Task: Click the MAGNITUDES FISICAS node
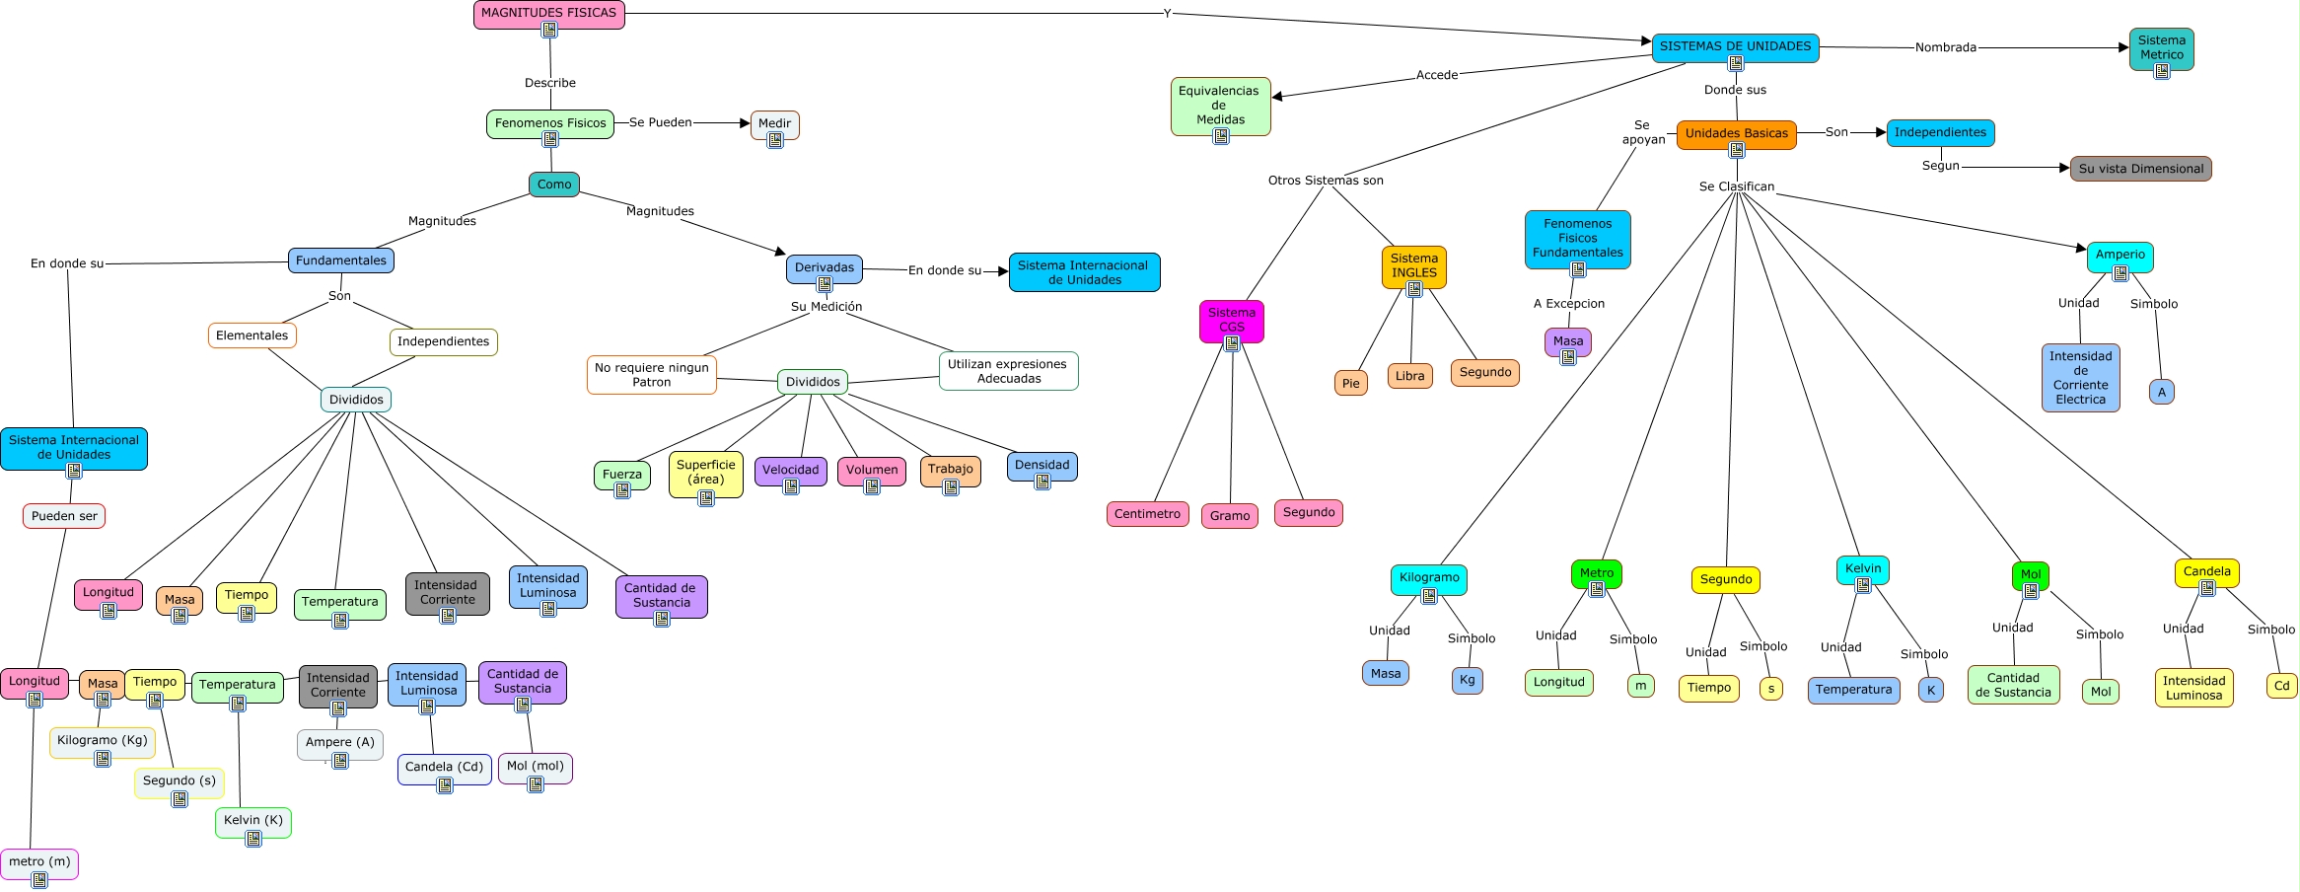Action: pyautogui.click(x=548, y=14)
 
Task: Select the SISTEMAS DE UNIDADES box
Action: pyautogui.click(x=1735, y=46)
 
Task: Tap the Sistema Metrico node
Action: pyautogui.click(x=2161, y=47)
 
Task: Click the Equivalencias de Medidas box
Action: pyautogui.click(x=1220, y=105)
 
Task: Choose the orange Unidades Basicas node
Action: pyautogui.click(x=1736, y=133)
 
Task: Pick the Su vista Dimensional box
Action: pyautogui.click(x=2140, y=169)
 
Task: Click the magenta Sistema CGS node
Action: pyautogui.click(x=1231, y=320)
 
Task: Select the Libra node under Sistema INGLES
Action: pyautogui.click(x=1409, y=376)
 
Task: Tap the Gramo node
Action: pyautogui.click(x=1230, y=516)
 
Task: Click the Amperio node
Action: pyautogui.click(x=2120, y=255)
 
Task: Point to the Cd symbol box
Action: pyautogui.click(x=2281, y=686)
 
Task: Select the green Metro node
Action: pyautogui.click(x=1596, y=572)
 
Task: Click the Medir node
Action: pyautogui.click(x=774, y=124)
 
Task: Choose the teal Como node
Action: pyautogui.click(x=554, y=185)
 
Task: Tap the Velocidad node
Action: pyautogui.click(x=790, y=470)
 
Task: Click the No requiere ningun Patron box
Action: pyautogui.click(x=651, y=375)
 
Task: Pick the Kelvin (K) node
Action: pyautogui.click(x=252, y=820)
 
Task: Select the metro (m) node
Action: pyautogui.click(x=39, y=861)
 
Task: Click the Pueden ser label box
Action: pyautogui.click(x=64, y=516)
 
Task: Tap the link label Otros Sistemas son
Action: pyautogui.click(x=1325, y=181)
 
